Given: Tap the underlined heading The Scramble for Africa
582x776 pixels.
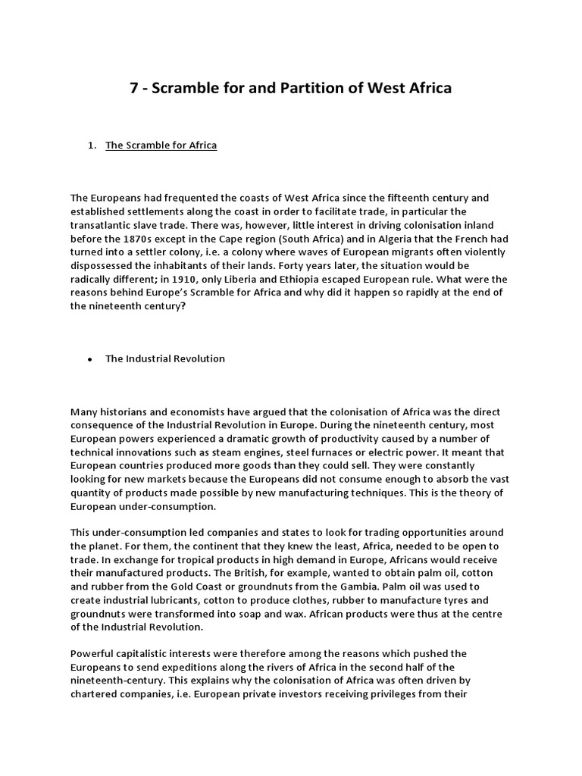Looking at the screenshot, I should [161, 145].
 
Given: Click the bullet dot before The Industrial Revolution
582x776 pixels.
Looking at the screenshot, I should [89, 359].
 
